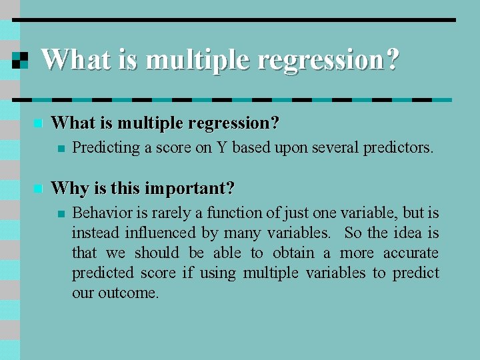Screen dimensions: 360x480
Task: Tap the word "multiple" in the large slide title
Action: (x=198, y=60)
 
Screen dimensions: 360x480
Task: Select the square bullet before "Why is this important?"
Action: (x=38, y=189)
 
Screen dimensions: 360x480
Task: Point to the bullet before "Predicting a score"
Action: (x=61, y=149)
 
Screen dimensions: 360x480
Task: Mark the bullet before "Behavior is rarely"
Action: (x=61, y=214)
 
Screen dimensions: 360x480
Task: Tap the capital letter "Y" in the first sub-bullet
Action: (x=221, y=147)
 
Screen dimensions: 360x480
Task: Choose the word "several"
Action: (x=334, y=147)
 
